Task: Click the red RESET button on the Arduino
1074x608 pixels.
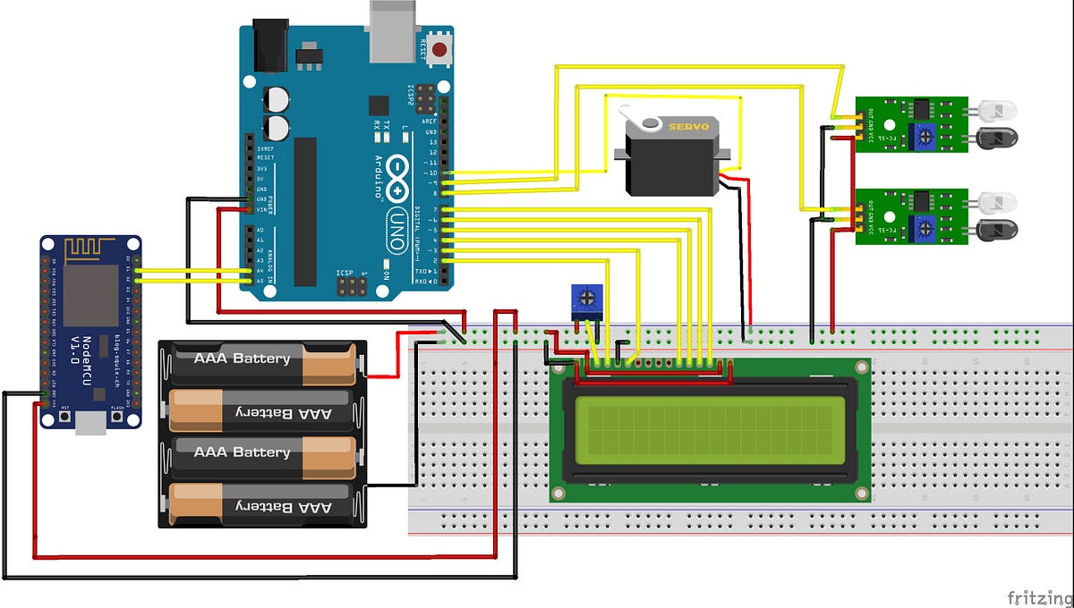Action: coord(439,50)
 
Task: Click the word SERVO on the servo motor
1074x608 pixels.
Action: coord(689,127)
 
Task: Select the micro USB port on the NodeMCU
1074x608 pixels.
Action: coord(89,422)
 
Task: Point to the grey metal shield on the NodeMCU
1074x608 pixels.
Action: coord(89,295)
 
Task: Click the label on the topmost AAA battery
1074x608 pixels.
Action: coord(243,359)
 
